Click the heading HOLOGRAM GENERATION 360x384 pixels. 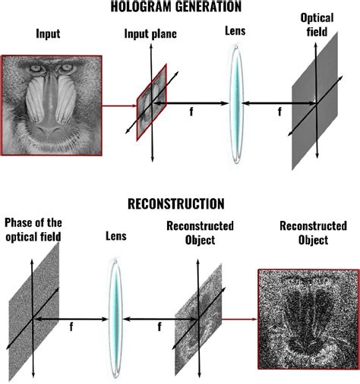pyautogui.click(x=180, y=8)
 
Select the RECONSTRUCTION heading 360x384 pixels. pyautogui.click(x=180, y=203)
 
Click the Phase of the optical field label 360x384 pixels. pyautogui.click(x=33, y=230)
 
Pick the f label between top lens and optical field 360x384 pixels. pyautogui.click(x=279, y=111)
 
